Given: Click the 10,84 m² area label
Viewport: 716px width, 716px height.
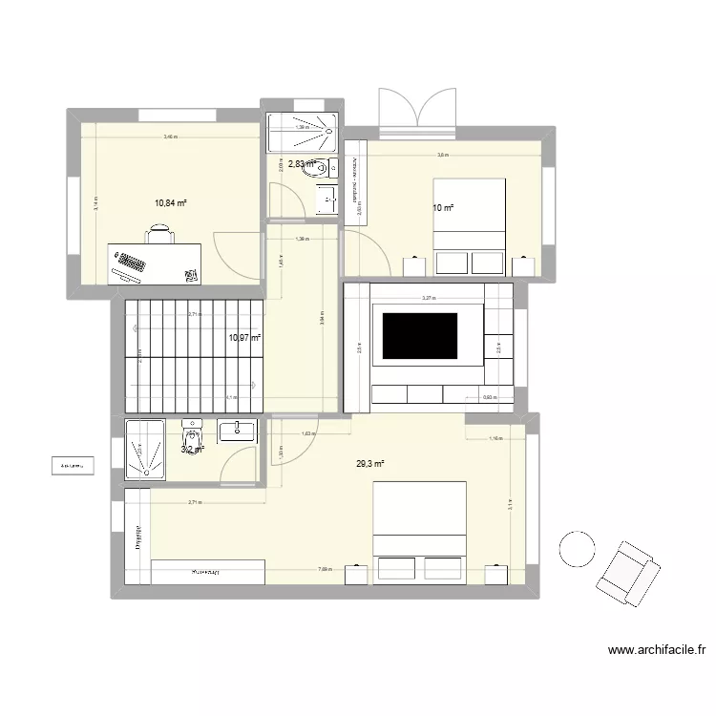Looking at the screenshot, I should click(170, 203).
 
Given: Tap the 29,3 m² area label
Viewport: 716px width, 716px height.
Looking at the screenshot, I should click(370, 465).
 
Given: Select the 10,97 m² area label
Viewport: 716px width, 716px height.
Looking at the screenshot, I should click(244, 337).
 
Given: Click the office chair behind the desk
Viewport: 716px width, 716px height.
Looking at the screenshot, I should click(160, 234).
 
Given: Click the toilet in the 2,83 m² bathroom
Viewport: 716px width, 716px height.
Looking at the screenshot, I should click(325, 169).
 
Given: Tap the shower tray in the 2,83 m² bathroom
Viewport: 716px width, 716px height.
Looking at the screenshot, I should click(301, 133).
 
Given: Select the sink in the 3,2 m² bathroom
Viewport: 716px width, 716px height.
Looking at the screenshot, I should click(237, 432).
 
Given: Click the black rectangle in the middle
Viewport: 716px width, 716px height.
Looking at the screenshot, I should click(421, 335).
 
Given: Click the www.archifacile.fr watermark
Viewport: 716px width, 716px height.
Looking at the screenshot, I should click(658, 652).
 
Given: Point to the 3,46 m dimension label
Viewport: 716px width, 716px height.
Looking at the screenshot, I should click(171, 137).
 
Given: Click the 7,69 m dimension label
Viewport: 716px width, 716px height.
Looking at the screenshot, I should click(325, 571).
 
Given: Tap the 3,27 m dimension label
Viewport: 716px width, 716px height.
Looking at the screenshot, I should click(429, 299).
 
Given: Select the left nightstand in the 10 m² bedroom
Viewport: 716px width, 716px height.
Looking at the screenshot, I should click(414, 264).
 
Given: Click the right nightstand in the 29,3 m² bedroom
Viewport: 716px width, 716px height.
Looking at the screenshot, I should click(495, 573).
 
